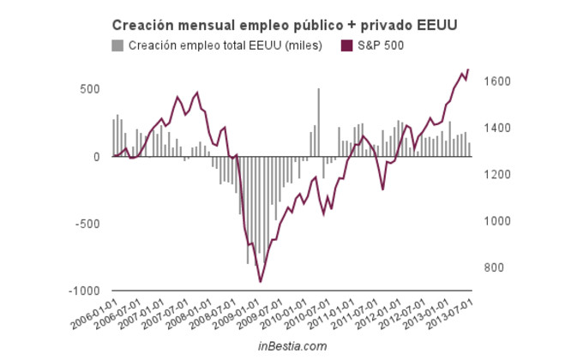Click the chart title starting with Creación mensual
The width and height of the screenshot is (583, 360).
pos(284,26)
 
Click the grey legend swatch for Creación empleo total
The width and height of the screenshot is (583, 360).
pos(117,45)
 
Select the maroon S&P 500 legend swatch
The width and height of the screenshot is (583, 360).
pos(347,45)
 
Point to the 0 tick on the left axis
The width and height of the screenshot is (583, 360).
pos(97,157)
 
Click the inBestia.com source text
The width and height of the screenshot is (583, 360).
pos(292,345)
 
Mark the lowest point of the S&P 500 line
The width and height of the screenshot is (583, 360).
pos(261,281)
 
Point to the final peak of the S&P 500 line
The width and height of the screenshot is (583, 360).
pos(468,69)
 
